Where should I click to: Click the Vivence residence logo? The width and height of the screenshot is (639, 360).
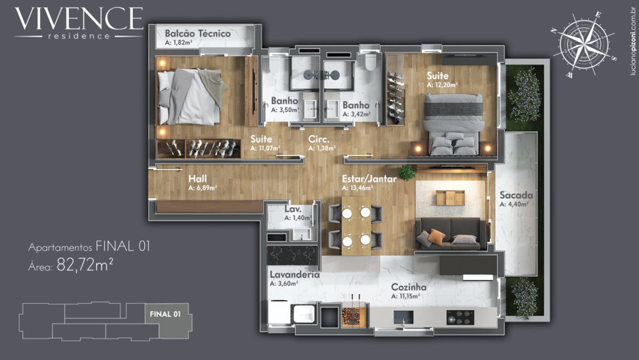point(79,23)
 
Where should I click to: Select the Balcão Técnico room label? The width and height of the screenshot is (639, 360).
point(197,33)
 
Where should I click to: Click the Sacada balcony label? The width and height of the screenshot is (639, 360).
point(517,195)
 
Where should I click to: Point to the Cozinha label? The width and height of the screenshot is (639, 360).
point(409,287)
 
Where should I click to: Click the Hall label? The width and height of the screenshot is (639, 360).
point(197,180)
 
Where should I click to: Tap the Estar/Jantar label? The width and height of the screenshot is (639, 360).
point(369,179)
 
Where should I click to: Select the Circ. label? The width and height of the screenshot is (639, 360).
point(319,139)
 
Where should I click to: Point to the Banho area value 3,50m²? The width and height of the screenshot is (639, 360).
point(285,110)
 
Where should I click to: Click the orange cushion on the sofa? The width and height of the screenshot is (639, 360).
point(436,237)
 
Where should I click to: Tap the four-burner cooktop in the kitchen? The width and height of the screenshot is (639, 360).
point(460,317)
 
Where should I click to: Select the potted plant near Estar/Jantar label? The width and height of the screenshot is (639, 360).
point(406,171)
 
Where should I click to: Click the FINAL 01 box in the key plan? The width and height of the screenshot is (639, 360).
point(164,314)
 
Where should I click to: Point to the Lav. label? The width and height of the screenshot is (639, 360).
point(293,209)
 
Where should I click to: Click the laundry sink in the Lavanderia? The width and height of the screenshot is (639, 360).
point(304,315)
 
